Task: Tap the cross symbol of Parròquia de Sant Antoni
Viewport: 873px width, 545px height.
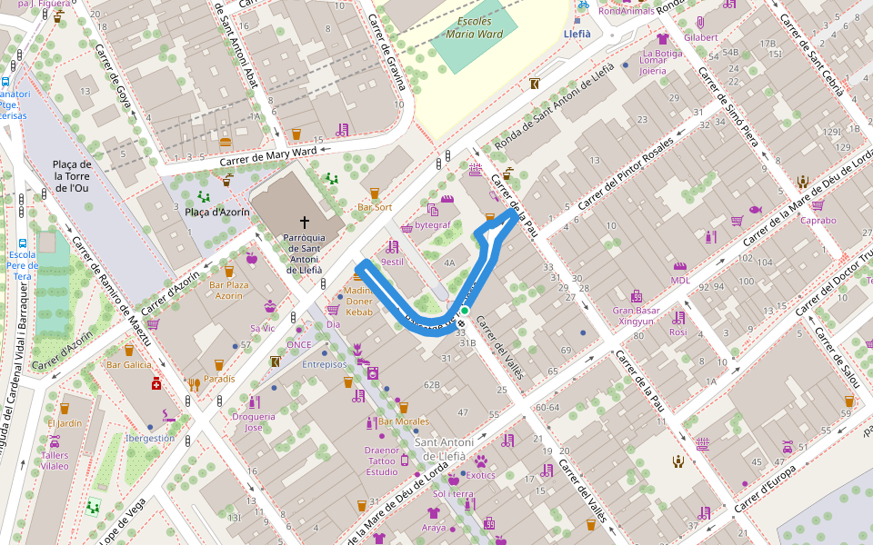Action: coord(305,222)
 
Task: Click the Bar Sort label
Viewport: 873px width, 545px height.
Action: coord(375,207)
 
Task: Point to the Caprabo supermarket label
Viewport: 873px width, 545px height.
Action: coord(818,220)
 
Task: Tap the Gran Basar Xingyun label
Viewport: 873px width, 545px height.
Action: coord(636,315)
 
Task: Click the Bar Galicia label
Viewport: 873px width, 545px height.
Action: coord(128,364)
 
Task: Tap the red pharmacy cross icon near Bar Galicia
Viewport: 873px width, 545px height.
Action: coord(156,383)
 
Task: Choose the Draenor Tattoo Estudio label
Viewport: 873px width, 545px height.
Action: coord(382,461)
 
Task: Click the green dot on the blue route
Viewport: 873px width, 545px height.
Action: coord(464,311)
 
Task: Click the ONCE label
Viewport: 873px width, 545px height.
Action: coord(298,344)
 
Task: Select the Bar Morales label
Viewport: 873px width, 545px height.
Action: coord(403,421)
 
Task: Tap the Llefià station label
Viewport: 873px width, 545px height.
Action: coord(577,34)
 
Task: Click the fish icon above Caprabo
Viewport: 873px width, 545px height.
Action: coord(755,209)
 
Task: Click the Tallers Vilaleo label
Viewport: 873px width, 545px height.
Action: coord(55,461)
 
